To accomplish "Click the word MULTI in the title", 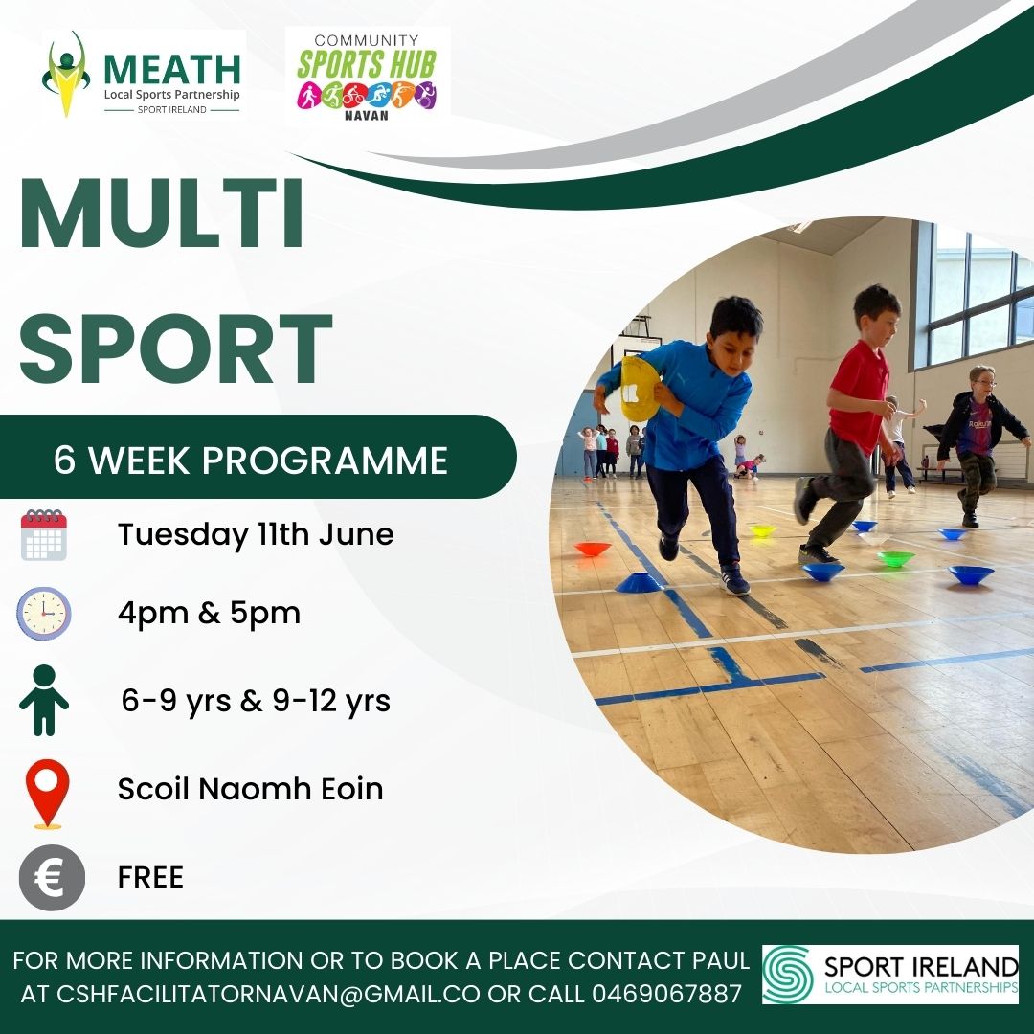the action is (x=162, y=214).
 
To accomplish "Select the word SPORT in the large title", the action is (x=175, y=348).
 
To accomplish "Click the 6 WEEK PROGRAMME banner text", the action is (x=251, y=460).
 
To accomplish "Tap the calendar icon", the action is (x=43, y=534).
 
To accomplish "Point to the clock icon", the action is (x=43, y=614).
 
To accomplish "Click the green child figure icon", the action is (x=44, y=700).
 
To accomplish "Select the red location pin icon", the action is (x=48, y=794).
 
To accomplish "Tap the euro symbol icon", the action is (x=52, y=878).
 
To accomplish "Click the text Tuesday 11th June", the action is (x=256, y=534).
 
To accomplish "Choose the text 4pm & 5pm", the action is (x=209, y=614).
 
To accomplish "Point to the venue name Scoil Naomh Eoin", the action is (x=251, y=789).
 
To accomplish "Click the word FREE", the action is (x=150, y=878).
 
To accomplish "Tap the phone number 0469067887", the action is (x=666, y=993).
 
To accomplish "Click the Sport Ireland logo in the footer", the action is (x=890, y=975).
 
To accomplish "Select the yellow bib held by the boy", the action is (x=639, y=389).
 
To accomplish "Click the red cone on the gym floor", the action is (x=593, y=549).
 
